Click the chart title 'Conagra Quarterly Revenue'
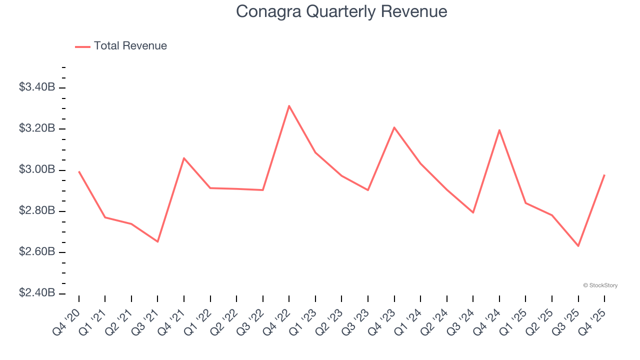341,11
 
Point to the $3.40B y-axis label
37,87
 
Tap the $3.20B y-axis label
37,128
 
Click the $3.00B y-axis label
37,170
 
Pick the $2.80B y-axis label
37,211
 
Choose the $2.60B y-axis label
37,252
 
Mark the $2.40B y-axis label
37,293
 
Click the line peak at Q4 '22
289,105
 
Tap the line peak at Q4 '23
394,127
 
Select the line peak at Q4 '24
499,130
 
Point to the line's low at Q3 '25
578,246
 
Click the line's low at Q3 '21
157,241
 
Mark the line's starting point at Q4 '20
79,171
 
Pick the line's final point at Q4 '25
604,175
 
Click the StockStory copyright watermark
600,285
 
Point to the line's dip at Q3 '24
473,212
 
